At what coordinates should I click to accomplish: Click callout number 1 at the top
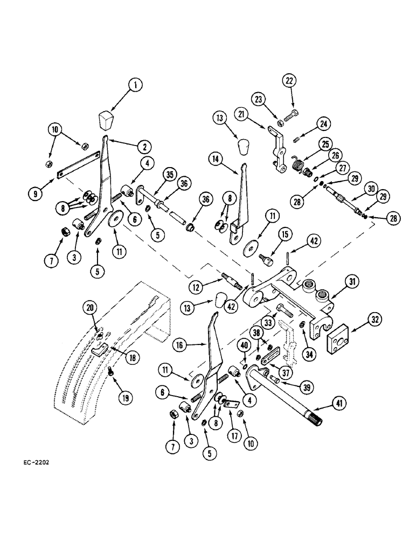[x=136, y=85]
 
